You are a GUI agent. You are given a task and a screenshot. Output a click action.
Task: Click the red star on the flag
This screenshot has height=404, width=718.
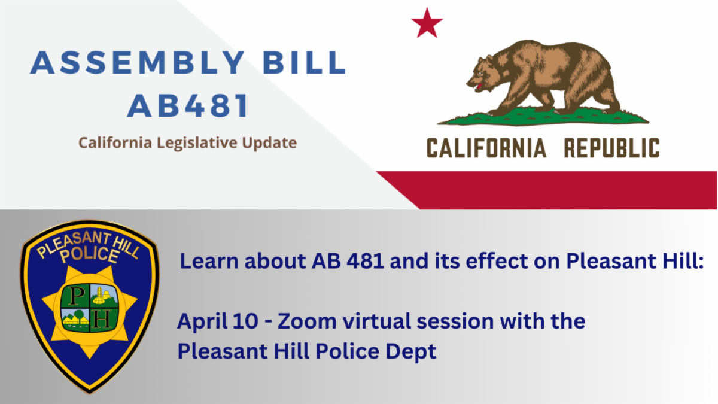click(427, 24)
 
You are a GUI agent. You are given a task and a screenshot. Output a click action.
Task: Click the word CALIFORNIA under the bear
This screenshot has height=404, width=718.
click(486, 148)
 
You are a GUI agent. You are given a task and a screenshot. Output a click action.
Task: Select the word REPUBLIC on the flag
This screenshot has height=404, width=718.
click(611, 148)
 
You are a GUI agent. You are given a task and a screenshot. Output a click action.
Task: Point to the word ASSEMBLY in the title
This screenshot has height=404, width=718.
click(138, 62)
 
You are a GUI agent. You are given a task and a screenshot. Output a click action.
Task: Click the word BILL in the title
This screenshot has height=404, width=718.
click(305, 62)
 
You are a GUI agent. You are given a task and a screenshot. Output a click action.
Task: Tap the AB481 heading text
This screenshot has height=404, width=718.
click(188, 105)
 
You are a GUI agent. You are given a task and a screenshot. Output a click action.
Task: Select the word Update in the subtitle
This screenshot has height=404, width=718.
click(269, 143)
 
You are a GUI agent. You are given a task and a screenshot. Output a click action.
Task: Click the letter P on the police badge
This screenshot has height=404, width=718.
click(75, 296)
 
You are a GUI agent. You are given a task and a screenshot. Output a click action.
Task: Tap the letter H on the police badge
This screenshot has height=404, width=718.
click(102, 320)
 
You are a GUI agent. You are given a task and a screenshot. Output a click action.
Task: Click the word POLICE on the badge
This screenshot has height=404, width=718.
click(90, 255)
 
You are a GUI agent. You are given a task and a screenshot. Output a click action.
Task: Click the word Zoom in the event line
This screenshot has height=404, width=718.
click(307, 321)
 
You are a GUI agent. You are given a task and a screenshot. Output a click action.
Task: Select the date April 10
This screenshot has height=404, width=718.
click(218, 322)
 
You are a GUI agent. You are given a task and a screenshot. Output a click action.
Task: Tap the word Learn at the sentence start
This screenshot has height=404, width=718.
click(209, 260)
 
